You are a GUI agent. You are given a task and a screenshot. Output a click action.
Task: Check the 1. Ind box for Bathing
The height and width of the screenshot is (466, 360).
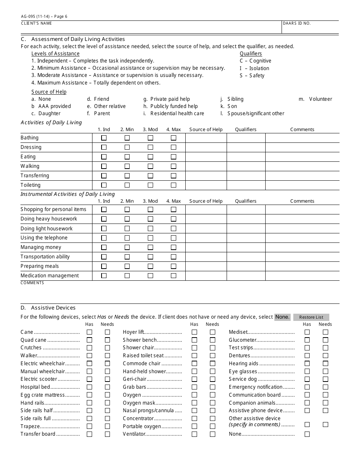coord(104,138)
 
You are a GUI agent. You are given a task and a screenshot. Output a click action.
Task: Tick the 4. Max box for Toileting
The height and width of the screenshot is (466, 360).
coord(174,185)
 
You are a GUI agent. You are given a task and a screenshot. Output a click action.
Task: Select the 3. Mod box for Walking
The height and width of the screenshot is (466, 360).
coord(150,166)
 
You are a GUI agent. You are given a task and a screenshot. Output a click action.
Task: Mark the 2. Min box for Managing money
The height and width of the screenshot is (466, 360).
coord(127,247)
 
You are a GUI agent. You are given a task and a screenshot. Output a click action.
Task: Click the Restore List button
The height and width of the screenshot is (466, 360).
coord(311,317)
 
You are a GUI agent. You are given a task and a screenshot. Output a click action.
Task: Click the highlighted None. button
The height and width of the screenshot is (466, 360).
coord(282,317)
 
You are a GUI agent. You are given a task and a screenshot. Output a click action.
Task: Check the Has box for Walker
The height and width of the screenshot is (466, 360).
coord(89,356)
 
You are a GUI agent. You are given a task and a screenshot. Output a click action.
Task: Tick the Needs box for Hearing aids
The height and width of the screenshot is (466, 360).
coord(326,364)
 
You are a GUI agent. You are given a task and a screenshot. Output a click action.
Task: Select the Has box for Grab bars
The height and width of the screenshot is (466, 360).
coord(194,387)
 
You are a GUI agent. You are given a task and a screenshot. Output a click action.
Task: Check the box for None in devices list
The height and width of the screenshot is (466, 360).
coord(307,434)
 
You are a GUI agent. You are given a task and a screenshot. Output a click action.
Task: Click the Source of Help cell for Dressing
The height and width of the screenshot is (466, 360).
coord(206,147)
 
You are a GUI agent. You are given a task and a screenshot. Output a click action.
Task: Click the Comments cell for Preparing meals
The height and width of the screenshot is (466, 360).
coord(302,266)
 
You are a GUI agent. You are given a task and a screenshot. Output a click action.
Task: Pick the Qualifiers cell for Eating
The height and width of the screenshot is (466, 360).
coord(246,157)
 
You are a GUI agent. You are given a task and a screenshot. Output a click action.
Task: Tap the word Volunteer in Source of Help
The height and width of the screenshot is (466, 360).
coord(321,99)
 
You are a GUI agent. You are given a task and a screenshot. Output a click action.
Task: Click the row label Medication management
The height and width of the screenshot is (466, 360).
coord(50,276)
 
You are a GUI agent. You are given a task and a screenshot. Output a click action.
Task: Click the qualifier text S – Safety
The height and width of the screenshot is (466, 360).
coord(252,76)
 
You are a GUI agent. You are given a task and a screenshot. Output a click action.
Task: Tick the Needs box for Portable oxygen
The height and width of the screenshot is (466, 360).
coord(213,427)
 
